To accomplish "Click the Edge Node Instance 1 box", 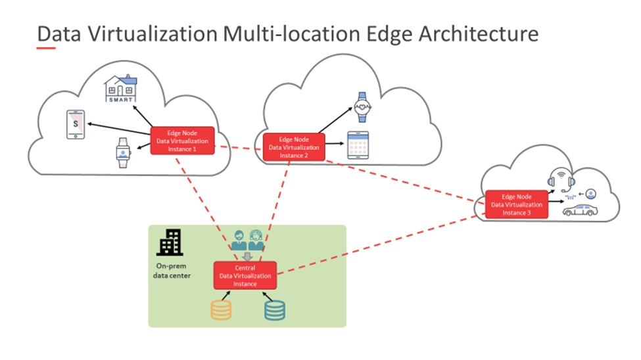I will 183,141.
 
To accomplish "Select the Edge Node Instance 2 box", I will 294,147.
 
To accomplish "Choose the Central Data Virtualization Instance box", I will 245,276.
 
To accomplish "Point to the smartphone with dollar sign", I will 76,125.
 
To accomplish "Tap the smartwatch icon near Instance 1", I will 122,153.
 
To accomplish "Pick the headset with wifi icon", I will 559,179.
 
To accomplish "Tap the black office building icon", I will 170,243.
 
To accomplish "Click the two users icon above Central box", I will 248,239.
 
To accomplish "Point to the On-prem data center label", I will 172,271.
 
